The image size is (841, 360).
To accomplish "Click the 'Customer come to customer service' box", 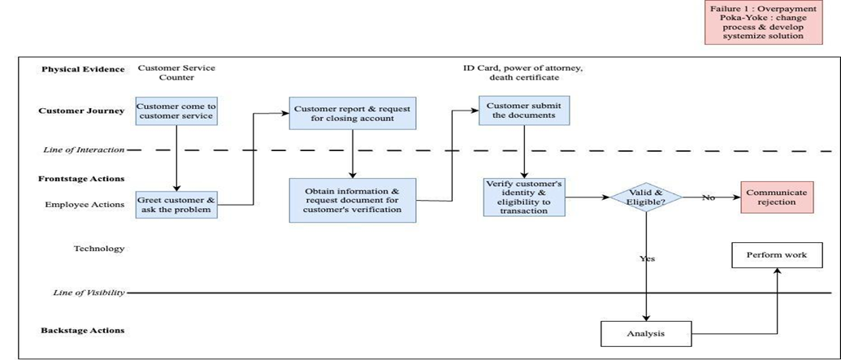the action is pos(176,111).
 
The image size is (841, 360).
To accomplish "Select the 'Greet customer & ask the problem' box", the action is pos(176,205).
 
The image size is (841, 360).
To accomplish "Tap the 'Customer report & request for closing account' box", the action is pos(353,113).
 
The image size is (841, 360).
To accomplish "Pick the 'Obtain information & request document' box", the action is pos(353,200).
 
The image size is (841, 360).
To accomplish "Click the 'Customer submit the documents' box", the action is pos(523,111).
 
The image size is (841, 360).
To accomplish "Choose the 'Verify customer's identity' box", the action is pos(524,197).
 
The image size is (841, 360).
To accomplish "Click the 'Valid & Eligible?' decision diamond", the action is pos(646,197).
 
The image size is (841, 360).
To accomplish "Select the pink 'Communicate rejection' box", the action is pos(777,197).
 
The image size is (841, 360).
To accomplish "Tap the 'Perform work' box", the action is pos(777,255).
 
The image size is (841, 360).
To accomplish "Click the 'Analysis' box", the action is pos(646,334).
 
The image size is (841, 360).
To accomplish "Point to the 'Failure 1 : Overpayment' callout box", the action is pos(763,23).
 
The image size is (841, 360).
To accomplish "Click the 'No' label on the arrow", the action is pos(709,197).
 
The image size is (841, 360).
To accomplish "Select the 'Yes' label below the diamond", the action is pos(647,258).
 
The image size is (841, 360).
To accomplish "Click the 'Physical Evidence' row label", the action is pos(83,69).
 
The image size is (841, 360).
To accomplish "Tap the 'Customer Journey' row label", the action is pos(81,111).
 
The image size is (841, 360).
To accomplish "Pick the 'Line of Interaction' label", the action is pos(84,150).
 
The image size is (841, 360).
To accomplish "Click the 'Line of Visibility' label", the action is pos(89,293).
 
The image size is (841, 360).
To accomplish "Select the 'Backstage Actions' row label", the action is pos(83,331).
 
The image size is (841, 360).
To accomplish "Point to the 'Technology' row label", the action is pos(99,249).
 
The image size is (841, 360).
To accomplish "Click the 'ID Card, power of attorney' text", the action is pos(523,68).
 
